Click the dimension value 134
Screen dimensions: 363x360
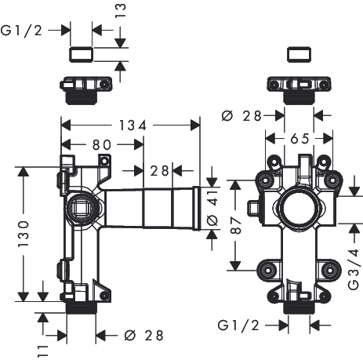[132, 125]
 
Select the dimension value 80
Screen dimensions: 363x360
[102, 145]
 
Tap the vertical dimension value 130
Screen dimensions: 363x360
[24, 234]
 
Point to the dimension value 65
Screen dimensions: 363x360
[299, 138]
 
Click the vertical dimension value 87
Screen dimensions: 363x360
[236, 225]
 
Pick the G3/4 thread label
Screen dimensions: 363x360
[354, 269]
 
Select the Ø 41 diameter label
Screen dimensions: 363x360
[212, 208]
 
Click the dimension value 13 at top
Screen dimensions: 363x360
[121, 10]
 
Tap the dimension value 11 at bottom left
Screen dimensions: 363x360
[43, 351]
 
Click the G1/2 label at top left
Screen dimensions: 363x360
[21, 31]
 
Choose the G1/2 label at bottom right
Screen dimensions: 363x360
[238, 325]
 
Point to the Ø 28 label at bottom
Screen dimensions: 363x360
[144, 336]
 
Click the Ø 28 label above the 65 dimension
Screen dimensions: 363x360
[241, 116]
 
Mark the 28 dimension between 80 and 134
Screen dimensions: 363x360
[159, 171]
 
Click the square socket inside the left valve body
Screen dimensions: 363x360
[82, 208]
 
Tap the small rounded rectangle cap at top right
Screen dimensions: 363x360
[299, 55]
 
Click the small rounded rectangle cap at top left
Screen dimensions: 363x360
[82, 55]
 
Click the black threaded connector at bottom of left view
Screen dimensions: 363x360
[81, 307]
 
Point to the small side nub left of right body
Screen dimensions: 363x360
[253, 208]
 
